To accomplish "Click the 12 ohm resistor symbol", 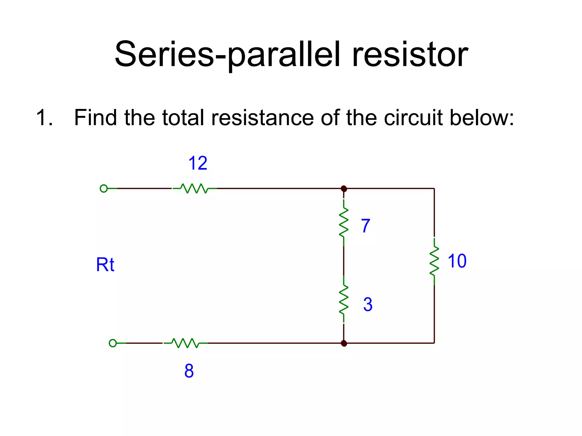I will [194, 188].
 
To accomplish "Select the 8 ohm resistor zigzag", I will [185, 343].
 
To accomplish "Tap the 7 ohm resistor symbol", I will [344, 223].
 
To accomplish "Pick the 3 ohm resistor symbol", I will [344, 300].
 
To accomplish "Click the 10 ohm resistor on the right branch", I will [434, 261].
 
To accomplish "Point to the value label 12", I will [198, 163].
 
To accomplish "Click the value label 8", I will [189, 371].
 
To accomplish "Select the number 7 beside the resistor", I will [366, 226].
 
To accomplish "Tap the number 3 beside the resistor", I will [368, 304].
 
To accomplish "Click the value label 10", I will [457, 261].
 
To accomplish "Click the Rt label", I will [105, 265].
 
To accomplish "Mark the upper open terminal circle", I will [104, 188].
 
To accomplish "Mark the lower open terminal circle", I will [113, 343].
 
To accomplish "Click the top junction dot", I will [344, 188].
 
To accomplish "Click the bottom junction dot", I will [344, 343].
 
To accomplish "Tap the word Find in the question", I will [95, 118].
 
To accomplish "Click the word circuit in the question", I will [413, 118].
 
